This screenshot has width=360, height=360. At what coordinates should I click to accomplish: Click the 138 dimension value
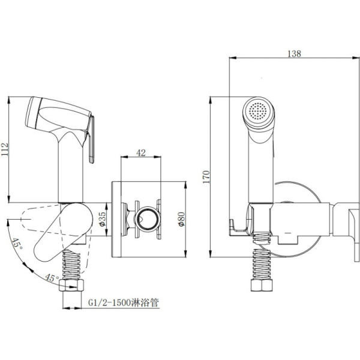coord(294,54)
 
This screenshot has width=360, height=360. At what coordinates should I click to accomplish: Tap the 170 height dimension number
coord(206,177)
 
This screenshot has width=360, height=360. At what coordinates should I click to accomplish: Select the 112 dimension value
coord(5,149)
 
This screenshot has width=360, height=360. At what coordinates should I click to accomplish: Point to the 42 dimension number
coord(141,152)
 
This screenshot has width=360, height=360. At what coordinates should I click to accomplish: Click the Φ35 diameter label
coord(103,219)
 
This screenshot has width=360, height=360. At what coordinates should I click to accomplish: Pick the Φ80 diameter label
coord(181,219)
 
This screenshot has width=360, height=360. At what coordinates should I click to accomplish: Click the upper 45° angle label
coord(17,245)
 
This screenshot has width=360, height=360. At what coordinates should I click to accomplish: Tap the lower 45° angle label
coord(52,278)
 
